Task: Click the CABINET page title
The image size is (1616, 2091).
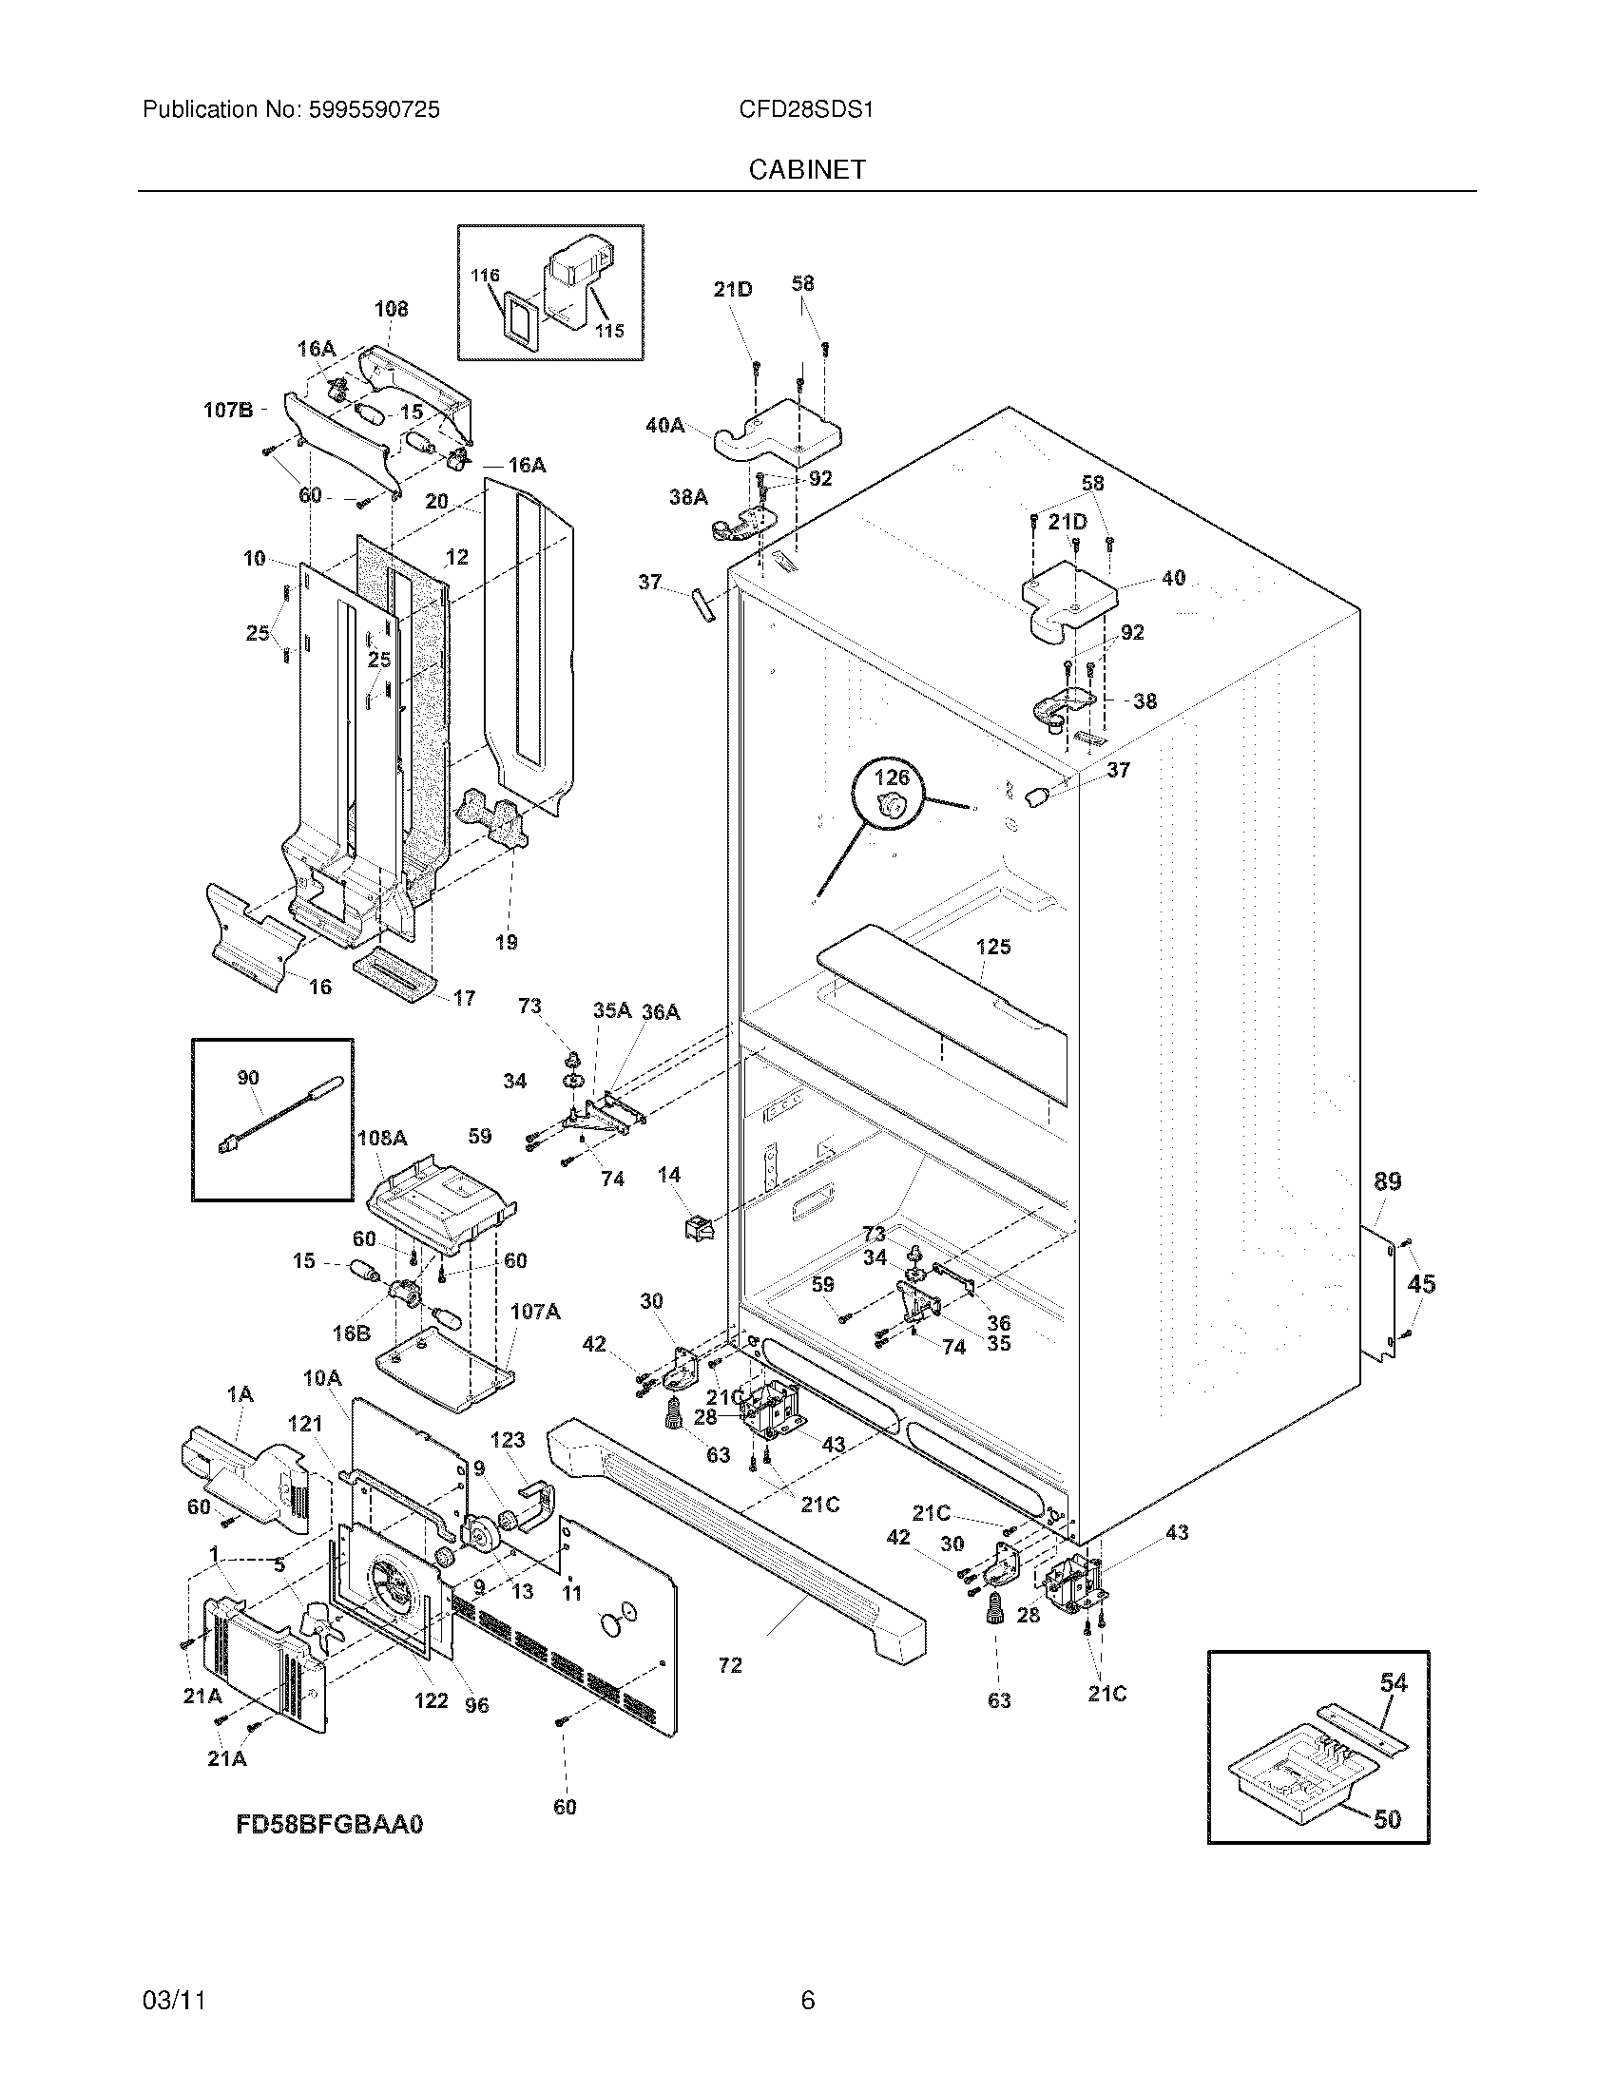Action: point(806,169)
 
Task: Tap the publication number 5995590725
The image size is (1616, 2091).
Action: point(374,110)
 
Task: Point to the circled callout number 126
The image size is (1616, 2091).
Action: point(892,777)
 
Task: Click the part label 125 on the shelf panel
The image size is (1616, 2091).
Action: point(992,947)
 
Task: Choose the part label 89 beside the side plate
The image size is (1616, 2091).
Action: point(1387,1182)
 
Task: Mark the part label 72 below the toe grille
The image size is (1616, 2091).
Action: point(729,1665)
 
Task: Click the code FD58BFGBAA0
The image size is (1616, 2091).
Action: point(329,1824)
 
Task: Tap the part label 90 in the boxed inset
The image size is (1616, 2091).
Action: point(248,1078)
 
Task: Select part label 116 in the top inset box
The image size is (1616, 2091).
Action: point(486,276)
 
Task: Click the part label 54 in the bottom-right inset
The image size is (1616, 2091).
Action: point(1393,1682)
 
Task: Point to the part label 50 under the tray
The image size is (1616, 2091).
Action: point(1387,1818)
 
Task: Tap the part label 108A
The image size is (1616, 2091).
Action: point(382,1139)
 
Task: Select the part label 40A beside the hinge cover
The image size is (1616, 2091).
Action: point(664,425)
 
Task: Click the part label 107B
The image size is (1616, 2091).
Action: point(228,411)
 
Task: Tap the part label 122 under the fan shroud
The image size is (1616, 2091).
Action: point(431,1700)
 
